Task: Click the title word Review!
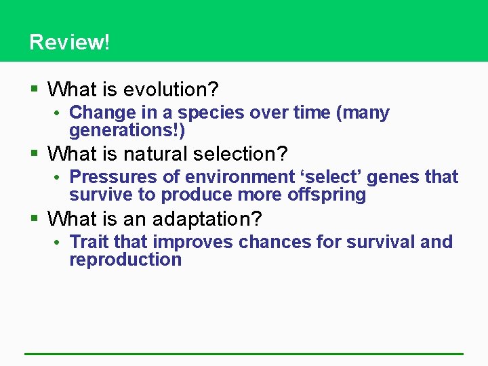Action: click(x=69, y=42)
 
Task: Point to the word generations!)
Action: click(x=127, y=130)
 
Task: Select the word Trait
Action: click(x=89, y=242)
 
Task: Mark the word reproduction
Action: click(x=125, y=260)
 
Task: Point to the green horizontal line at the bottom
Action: click(x=244, y=354)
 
